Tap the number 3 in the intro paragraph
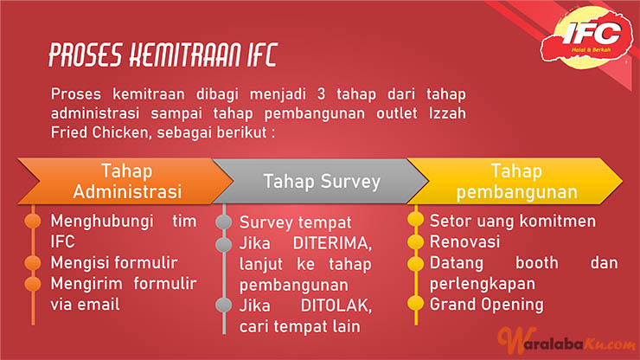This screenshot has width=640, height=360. (321, 94)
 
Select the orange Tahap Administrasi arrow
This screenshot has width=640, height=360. (125, 181)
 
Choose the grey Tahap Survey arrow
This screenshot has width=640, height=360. (321, 182)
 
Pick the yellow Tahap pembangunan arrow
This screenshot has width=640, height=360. (515, 181)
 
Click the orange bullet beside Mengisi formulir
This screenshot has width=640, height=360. (33, 263)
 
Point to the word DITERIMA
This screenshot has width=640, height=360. (332, 243)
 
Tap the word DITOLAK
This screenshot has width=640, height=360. (336, 305)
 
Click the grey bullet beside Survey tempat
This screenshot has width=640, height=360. (224, 222)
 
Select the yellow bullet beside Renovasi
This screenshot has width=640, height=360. (415, 242)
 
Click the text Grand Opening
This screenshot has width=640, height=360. (487, 305)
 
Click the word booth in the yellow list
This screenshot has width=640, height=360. (537, 263)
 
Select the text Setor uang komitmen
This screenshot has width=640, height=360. (513, 221)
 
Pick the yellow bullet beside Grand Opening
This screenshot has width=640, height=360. (415, 304)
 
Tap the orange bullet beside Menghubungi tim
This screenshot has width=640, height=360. (33, 221)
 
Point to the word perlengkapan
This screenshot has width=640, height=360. (482, 285)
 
